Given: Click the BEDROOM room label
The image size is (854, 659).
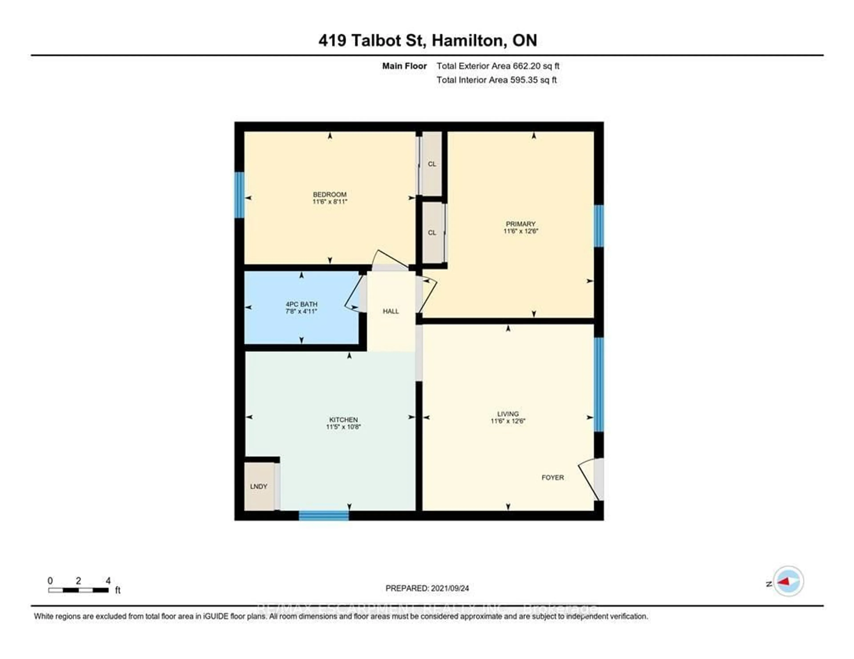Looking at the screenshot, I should click(x=330, y=194).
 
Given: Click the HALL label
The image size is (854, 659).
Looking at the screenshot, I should click(x=391, y=311).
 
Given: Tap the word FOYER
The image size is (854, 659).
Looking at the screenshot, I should click(x=552, y=477).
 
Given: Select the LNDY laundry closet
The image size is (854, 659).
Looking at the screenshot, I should click(x=258, y=486).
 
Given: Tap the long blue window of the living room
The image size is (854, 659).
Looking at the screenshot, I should click(x=599, y=384).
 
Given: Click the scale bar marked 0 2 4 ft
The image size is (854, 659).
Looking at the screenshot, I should click(x=78, y=590).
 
